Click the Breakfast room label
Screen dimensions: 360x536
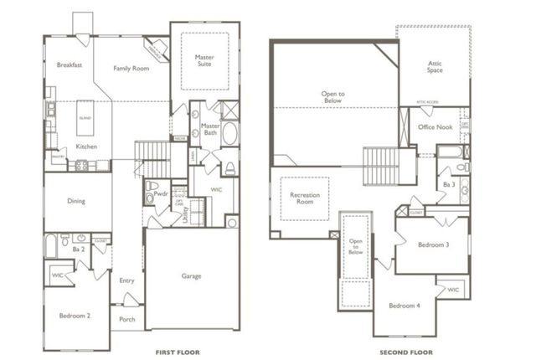tap(69, 64)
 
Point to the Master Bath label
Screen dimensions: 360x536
tap(211, 130)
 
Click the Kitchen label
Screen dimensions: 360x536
tap(87, 147)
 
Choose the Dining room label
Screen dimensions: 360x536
tap(77, 201)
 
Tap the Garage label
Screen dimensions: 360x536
tap(192, 275)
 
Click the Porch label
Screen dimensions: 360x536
tap(127, 319)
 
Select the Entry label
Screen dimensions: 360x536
tap(126, 280)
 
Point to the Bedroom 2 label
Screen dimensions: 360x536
tap(75, 316)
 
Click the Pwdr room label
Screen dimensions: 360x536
tap(162, 193)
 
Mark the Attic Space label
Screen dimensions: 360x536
tap(434, 66)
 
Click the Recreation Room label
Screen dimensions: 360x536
tap(305, 198)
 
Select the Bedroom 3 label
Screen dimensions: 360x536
tap(434, 244)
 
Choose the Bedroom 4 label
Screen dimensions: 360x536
tap(404, 306)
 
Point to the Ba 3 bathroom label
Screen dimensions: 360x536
tap(449, 184)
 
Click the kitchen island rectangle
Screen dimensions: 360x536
tap(85, 118)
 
